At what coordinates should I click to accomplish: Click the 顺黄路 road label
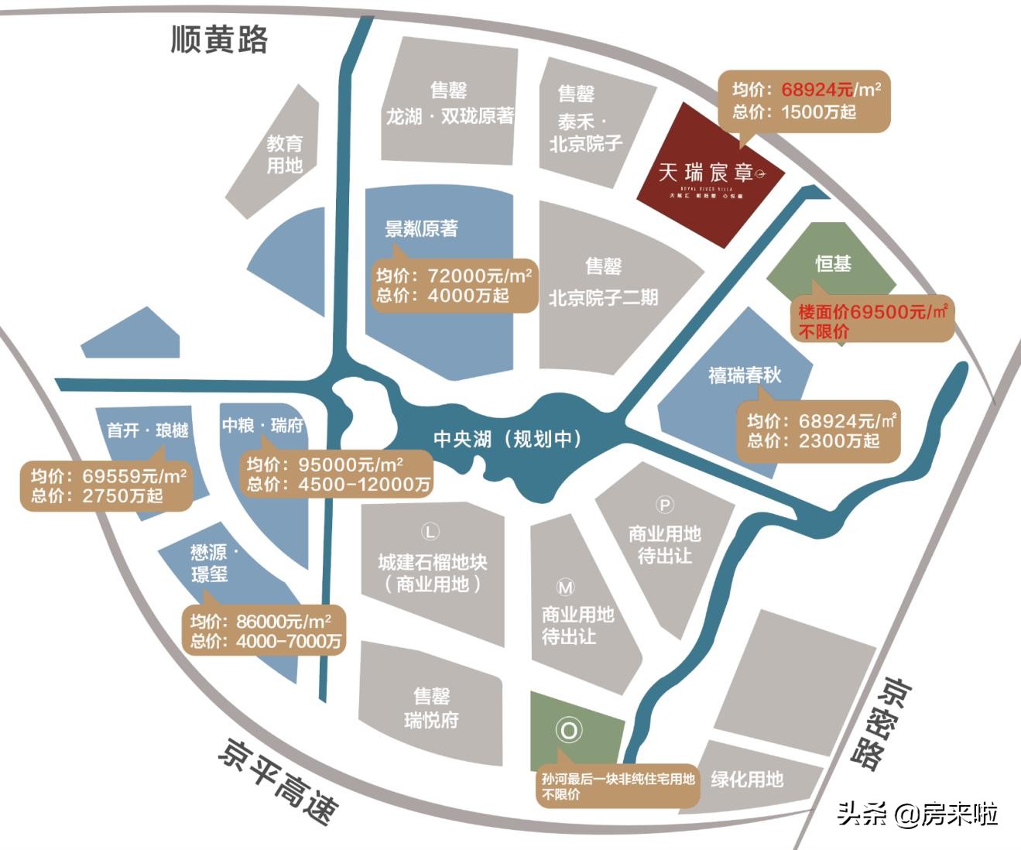coord(219,39)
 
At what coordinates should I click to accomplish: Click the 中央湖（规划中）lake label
coord(507,440)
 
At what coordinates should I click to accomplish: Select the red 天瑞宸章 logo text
coord(705,172)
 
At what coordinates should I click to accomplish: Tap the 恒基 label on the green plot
coord(833,264)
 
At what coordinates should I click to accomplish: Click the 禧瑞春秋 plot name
coord(745,375)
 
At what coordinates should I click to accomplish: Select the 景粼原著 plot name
coord(421,228)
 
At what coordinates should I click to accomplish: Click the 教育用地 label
coord(285,154)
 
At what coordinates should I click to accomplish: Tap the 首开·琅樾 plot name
coord(148,430)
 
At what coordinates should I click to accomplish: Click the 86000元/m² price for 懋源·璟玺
coord(284,621)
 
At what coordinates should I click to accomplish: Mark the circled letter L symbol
coord(430,532)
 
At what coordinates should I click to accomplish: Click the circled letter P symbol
coord(664,506)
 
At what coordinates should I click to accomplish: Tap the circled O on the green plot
coord(568,731)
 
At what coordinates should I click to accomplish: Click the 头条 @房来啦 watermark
coord(917,814)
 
